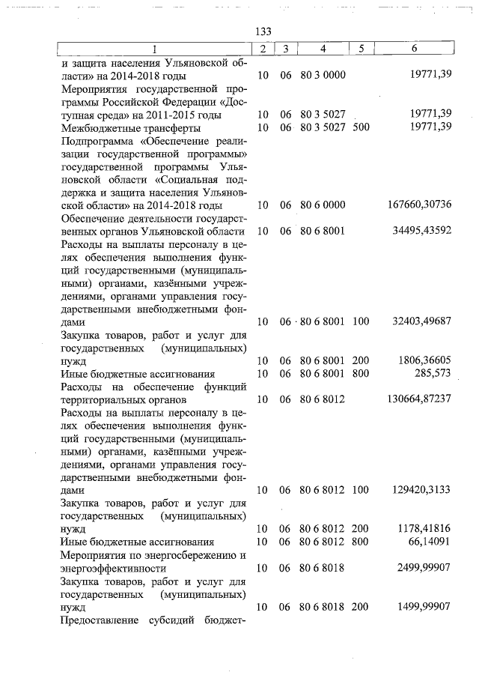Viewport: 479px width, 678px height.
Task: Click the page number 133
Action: pyautogui.click(x=263, y=31)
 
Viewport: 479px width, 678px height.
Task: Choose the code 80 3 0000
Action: pyautogui.click(x=323, y=76)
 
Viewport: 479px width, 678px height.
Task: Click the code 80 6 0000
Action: pyautogui.click(x=323, y=205)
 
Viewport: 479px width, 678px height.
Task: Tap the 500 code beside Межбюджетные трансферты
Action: pyautogui.click(x=361, y=127)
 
